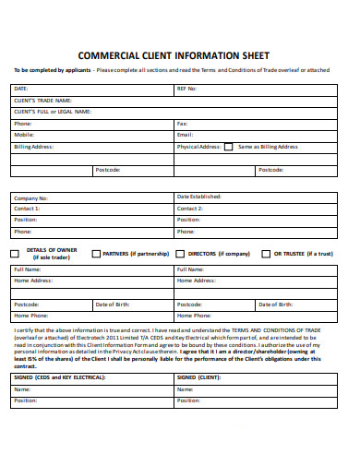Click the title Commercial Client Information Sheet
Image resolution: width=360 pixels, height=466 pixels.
point(179,54)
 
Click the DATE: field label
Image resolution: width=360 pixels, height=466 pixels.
point(20,89)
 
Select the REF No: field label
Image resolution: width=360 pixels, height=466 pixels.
point(186,89)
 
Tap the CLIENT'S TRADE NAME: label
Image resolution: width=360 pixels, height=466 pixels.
point(42,100)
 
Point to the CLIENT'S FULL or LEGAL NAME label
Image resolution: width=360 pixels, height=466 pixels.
point(53,112)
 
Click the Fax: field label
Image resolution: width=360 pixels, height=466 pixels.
point(182,124)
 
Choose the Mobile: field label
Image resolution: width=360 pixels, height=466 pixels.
point(24,135)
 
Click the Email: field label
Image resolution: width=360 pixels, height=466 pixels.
point(185,135)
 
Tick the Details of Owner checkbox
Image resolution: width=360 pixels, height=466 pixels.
point(15,253)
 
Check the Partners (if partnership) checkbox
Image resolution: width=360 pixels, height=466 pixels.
point(95,253)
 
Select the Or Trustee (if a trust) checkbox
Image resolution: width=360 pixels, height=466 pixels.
point(266,253)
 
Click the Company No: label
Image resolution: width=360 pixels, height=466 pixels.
point(30,197)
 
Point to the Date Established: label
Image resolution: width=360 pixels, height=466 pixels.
point(198,197)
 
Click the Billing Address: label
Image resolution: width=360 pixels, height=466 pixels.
point(33,147)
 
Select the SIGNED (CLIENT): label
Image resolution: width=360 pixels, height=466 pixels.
point(198,377)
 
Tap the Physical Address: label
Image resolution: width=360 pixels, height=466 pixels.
point(198,147)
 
